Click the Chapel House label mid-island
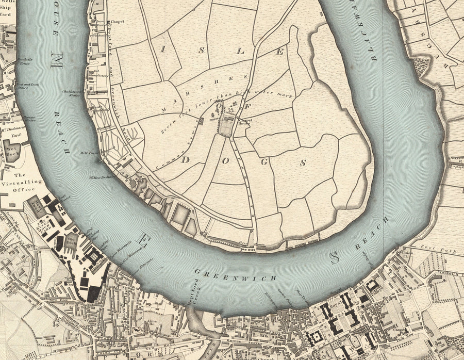(x=244, y=123)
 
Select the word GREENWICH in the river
(x=235, y=275)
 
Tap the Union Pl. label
(x=407, y=254)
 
